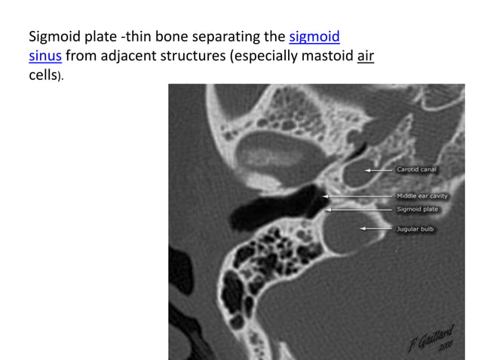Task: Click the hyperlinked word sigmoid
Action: click(x=314, y=36)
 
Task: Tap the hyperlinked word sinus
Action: click(x=44, y=56)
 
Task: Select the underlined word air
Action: click(x=366, y=56)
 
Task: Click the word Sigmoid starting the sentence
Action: click(x=55, y=36)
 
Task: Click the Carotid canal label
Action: click(x=417, y=170)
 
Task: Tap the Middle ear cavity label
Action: click(x=422, y=197)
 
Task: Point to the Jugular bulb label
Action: click(x=415, y=228)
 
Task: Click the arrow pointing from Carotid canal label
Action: click(x=379, y=170)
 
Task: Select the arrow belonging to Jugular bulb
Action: click(x=377, y=228)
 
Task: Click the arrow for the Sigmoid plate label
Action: click(x=359, y=209)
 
